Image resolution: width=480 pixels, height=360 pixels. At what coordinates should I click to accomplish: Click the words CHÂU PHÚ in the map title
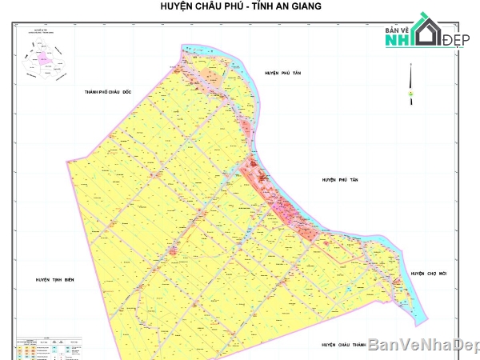pos(210,7)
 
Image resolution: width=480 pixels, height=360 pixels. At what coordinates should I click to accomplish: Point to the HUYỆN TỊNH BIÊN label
pos(54,279)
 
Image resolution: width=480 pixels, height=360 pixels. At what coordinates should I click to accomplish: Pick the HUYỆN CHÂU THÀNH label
pos(342,345)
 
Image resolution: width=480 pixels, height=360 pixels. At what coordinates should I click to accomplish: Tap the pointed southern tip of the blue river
pos(422,323)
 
